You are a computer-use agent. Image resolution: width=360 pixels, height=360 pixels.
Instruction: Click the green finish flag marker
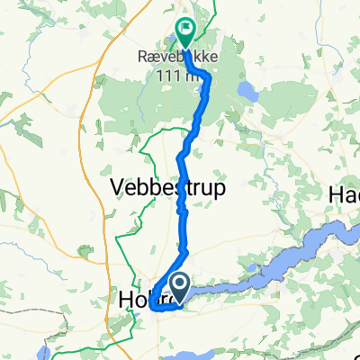[x=185, y=32]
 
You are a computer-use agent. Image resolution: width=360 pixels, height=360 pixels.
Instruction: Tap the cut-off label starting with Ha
[x=346, y=194]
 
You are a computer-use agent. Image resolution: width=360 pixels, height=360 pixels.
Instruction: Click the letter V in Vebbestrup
[x=117, y=188]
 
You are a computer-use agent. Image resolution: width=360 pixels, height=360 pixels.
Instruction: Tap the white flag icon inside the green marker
[x=185, y=28]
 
